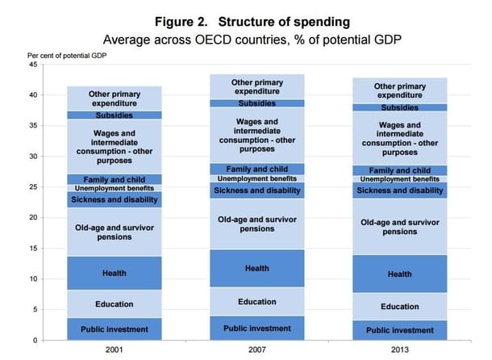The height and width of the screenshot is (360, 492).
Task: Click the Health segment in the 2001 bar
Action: pyautogui.click(x=114, y=274)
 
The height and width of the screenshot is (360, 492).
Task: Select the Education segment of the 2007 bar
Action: pyautogui.click(x=256, y=302)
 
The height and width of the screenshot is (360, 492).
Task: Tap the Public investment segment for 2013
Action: pyautogui.click(x=399, y=330)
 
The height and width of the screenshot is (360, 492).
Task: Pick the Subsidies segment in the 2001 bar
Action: pyautogui.click(x=114, y=115)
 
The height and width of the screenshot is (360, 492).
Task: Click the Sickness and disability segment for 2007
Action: pyautogui.click(x=256, y=190)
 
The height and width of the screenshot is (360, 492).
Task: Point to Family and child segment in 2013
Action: pyautogui.click(x=399, y=170)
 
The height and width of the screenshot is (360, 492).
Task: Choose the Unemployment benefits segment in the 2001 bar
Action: pyautogui.click(x=114, y=188)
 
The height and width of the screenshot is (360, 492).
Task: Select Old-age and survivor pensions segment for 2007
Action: pyautogui.click(x=256, y=224)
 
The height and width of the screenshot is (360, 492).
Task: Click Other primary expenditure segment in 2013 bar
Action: pyautogui.click(x=399, y=90)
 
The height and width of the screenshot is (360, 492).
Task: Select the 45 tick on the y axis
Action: pyautogui.click(x=33, y=65)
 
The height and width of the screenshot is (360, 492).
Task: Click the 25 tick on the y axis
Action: pyautogui.click(x=33, y=187)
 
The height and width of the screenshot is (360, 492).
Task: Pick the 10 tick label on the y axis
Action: pyautogui.click(x=33, y=279)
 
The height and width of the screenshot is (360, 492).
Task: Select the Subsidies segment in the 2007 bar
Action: pyautogui.click(x=256, y=103)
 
